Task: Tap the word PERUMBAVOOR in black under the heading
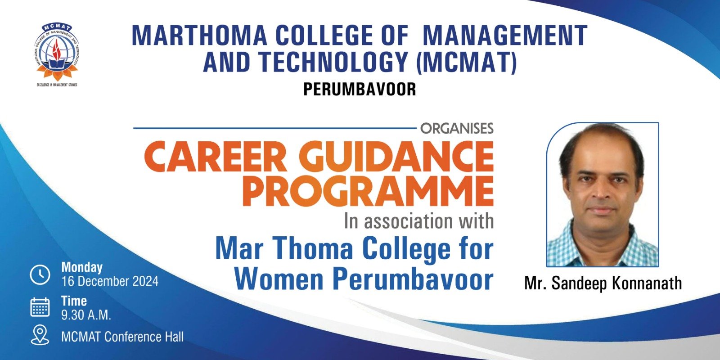pyautogui.click(x=360, y=90)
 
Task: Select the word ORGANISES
pyautogui.click(x=457, y=128)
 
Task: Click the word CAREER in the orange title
pyautogui.click(x=216, y=157)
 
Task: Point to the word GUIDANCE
pyautogui.click(x=396, y=157)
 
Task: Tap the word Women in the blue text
pyautogui.click(x=279, y=279)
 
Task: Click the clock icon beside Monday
pyautogui.click(x=40, y=275)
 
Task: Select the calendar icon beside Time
pyautogui.click(x=40, y=307)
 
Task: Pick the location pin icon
pyautogui.click(x=40, y=335)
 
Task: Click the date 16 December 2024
pyautogui.click(x=110, y=281)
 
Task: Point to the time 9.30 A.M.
pyautogui.click(x=86, y=315)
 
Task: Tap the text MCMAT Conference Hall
pyautogui.click(x=122, y=337)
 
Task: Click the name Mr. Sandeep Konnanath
pyautogui.click(x=603, y=283)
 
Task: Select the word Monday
pyautogui.click(x=82, y=267)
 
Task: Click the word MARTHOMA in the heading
pyautogui.click(x=199, y=36)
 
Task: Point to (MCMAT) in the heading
pyautogui.click(x=466, y=62)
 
